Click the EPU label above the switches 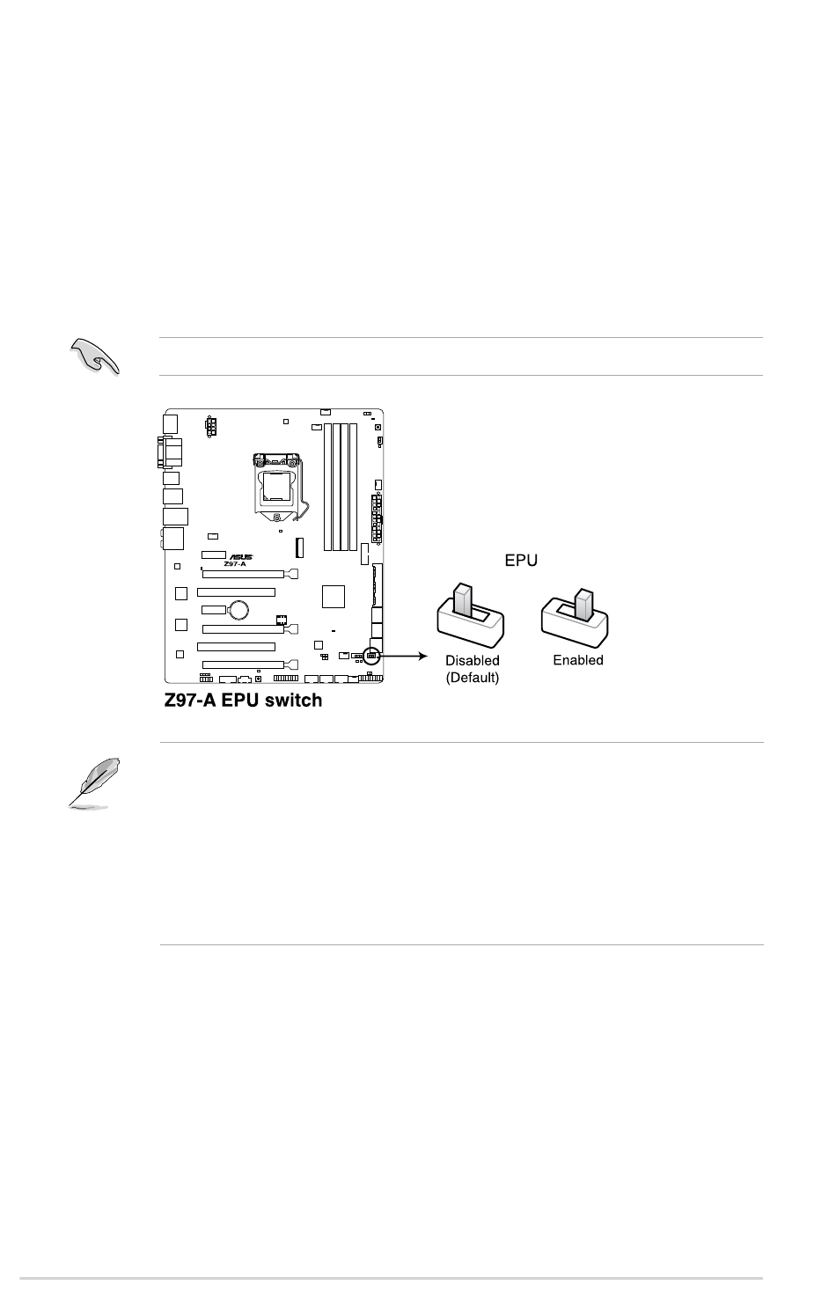pyautogui.click(x=520, y=560)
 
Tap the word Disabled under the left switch pyautogui.click(x=472, y=660)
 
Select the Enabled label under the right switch pyautogui.click(x=577, y=660)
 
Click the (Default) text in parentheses pyautogui.click(x=472, y=678)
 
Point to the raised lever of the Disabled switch pyautogui.click(x=463, y=599)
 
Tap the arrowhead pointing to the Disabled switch pyautogui.click(x=422, y=657)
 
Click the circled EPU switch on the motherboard pyautogui.click(x=371, y=657)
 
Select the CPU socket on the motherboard pyautogui.click(x=277, y=488)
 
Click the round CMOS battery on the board pyautogui.click(x=238, y=610)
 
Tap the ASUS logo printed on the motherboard pyautogui.click(x=240, y=557)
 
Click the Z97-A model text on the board pyautogui.click(x=235, y=564)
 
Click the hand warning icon pyautogui.click(x=94, y=356)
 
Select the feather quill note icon pyautogui.click(x=93, y=783)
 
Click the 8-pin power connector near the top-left pyautogui.click(x=210, y=427)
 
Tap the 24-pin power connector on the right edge pyautogui.click(x=377, y=518)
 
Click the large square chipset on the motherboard pyautogui.click(x=334, y=597)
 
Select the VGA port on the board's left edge pyautogui.click(x=170, y=452)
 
